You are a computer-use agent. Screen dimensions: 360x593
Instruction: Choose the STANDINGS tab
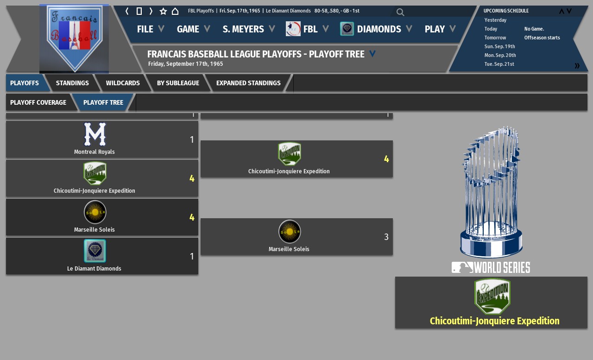click(72, 83)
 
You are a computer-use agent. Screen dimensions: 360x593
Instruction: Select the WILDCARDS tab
click(123, 83)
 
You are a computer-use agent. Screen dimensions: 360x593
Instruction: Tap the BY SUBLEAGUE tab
click(178, 83)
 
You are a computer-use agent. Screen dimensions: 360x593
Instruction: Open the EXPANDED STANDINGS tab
click(248, 83)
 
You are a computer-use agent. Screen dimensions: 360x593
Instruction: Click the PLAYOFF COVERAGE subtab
click(38, 102)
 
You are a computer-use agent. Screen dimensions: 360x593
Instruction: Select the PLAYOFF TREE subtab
click(103, 102)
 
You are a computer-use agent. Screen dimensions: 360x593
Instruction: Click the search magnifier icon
click(400, 12)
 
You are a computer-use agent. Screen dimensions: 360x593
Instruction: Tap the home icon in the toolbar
click(175, 11)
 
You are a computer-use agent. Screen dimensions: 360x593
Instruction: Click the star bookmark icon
click(163, 11)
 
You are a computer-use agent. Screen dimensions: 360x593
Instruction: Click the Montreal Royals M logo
click(95, 134)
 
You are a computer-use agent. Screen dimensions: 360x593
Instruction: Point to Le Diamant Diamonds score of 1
click(192, 256)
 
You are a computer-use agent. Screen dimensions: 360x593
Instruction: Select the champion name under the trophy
click(494, 321)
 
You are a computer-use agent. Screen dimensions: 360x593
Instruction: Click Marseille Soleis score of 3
click(386, 237)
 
